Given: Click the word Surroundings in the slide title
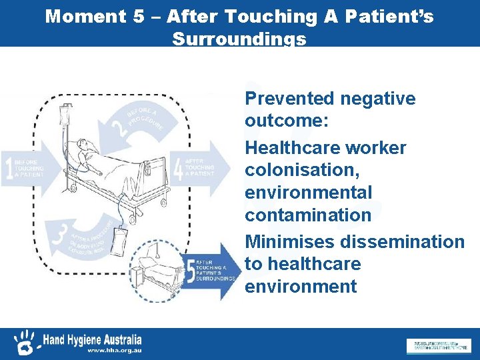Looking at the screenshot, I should coord(239,39).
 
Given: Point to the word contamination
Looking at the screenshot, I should coord(307,215).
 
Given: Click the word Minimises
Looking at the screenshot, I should coord(288,241).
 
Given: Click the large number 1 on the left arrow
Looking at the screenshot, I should coord(9,166).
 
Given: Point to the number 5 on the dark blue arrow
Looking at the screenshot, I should coord(192,270).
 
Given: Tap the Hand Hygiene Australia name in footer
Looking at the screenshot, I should coord(91,339).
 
